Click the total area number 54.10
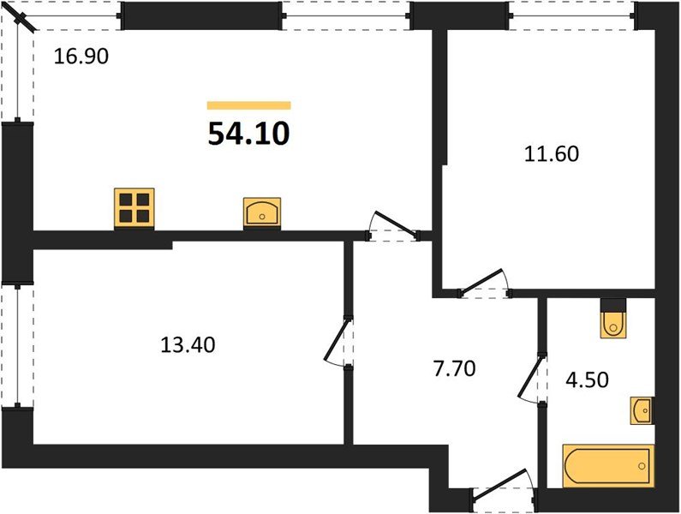248,134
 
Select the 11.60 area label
552,155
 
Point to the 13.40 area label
188,345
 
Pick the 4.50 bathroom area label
586,378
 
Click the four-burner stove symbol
134,208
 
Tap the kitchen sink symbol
260,211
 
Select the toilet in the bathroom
613,320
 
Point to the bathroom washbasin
642,411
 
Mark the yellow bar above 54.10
248,105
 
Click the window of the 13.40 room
18,344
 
